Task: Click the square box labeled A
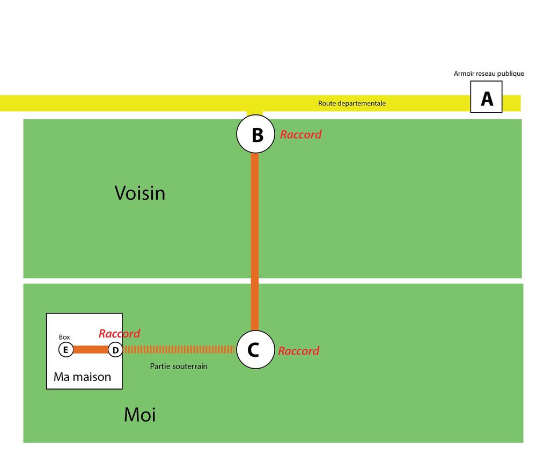coord(486,97)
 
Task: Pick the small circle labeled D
coord(115,350)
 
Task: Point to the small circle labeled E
coord(65,350)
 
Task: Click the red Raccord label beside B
coord(300,135)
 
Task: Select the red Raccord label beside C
coord(298,351)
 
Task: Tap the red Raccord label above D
coord(119,334)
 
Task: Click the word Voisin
coord(139,193)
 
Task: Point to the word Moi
coord(139,415)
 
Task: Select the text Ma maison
coord(82,377)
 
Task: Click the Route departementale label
coord(351,103)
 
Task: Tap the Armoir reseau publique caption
coord(489,74)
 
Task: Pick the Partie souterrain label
coord(178,366)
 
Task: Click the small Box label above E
coord(64,337)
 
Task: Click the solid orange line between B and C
coord(255,242)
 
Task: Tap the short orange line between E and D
coord(90,350)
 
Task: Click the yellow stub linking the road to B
coord(255,114)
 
